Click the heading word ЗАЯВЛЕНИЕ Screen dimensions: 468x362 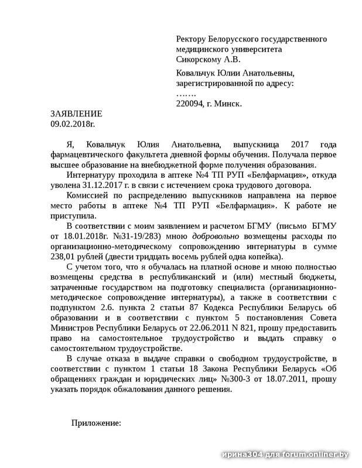[x=76, y=113]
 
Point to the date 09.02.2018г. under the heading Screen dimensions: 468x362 [x=73, y=123]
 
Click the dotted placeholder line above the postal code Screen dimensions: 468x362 [x=186, y=94]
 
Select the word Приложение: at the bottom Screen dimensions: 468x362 [x=96, y=422]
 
